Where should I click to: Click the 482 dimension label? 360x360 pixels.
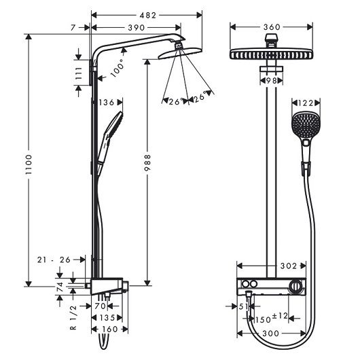(148, 16)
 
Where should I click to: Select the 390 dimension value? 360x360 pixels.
(137, 28)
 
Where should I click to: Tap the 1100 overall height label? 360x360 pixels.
(29, 164)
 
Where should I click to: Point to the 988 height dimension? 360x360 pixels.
(147, 163)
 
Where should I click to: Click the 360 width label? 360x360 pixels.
(272, 27)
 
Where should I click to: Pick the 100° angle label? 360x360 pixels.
(118, 68)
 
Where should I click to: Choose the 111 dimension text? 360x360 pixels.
(79, 73)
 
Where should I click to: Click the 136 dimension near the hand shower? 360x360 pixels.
(106, 103)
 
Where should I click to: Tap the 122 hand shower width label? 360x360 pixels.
(306, 103)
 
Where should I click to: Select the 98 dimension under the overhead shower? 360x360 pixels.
(271, 81)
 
